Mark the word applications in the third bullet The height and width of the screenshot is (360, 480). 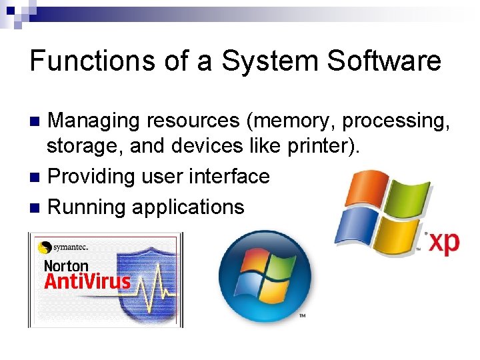tap(188, 207)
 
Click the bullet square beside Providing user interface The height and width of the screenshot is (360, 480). tap(35, 177)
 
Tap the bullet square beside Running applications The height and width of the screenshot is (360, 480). tap(35, 207)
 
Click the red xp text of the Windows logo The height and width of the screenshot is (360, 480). tap(443, 242)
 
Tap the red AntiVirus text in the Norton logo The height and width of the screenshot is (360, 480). tap(87, 282)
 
